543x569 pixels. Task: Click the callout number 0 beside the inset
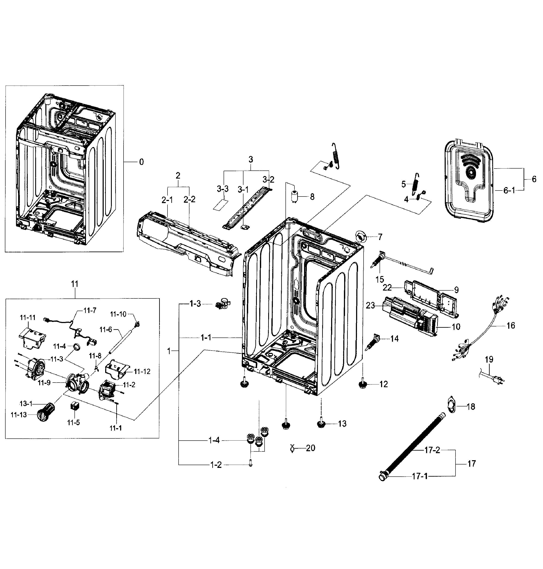pyautogui.click(x=141, y=162)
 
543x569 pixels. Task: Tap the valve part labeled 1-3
pyautogui.click(x=222, y=304)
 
